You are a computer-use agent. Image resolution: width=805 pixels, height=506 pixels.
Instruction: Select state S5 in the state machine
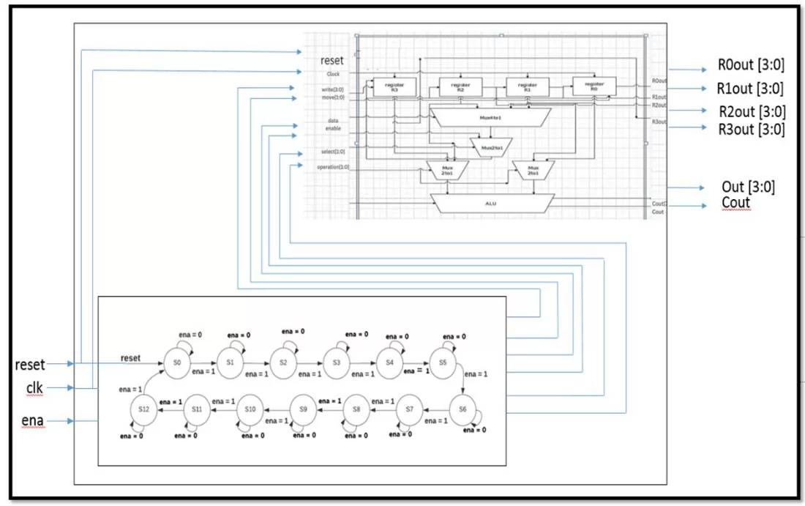tap(443, 362)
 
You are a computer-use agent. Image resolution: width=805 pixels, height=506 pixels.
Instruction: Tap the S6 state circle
tap(462, 409)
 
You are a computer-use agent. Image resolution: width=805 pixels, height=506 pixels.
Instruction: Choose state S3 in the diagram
tap(336, 362)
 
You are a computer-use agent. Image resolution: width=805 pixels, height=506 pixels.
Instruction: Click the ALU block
tap(492, 204)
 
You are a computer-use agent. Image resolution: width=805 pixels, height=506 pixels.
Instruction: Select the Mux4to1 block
tap(487, 116)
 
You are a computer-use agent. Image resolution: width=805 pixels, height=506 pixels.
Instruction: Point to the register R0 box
tap(594, 86)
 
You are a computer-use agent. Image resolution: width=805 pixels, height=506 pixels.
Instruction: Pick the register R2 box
tap(461, 86)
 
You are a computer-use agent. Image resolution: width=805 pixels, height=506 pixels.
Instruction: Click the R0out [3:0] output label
tap(750, 65)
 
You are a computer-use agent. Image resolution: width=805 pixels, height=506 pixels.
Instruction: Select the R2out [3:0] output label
tap(750, 111)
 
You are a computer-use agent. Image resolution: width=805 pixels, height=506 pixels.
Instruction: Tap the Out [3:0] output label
tap(748, 187)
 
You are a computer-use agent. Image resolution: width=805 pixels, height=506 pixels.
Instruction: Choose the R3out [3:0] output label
tap(750, 130)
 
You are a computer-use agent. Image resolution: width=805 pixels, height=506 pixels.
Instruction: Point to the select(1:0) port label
tap(333, 152)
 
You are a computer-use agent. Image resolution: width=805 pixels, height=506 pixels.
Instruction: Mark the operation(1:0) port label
tap(333, 168)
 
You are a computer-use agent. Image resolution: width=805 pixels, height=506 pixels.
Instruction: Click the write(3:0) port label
tap(332, 89)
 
